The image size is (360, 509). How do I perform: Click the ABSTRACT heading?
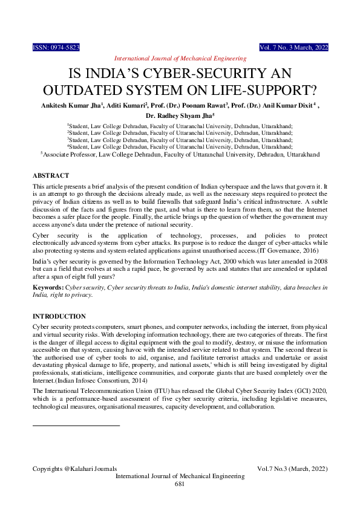click(50, 175)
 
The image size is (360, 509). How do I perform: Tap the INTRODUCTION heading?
click(59, 316)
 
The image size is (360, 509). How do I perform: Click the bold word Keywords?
click(48, 287)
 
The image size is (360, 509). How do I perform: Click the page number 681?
click(180, 484)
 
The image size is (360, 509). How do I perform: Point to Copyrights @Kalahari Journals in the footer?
click(74, 468)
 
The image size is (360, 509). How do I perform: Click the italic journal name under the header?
click(180, 58)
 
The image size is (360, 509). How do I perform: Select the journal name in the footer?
click(180, 476)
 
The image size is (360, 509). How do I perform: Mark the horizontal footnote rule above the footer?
click(76, 409)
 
